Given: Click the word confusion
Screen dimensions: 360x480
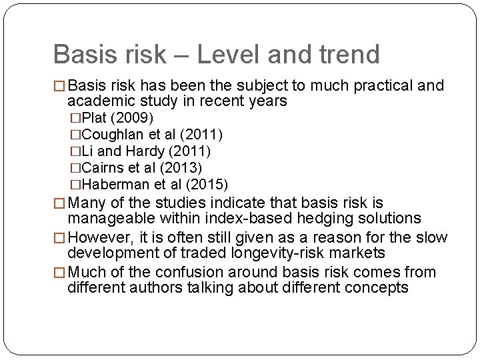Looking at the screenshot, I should [184, 272].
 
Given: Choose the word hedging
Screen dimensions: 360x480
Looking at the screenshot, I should [315, 218].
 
